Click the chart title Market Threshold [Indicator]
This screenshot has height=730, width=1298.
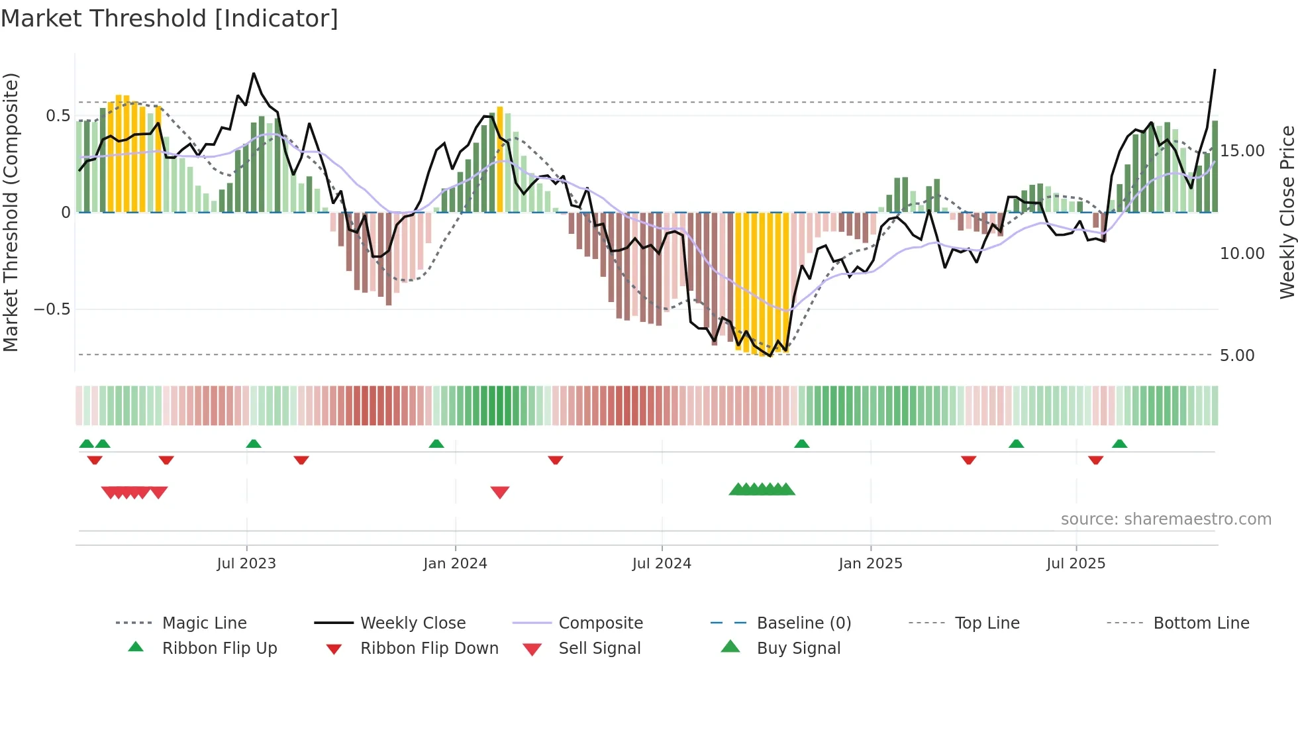point(170,19)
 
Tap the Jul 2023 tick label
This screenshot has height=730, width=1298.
point(246,564)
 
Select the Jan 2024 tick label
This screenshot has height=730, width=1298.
point(455,564)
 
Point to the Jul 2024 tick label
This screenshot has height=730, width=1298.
point(662,564)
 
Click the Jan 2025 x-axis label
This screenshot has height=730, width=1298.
point(870,564)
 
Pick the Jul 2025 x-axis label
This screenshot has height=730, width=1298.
point(1076,564)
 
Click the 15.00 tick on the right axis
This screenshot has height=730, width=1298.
point(1242,151)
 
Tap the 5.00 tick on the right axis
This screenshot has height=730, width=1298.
point(1237,356)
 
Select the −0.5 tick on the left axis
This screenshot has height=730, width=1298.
point(52,309)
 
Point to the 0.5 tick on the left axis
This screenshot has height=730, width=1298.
point(58,116)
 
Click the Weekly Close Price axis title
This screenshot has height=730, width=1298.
point(1287,212)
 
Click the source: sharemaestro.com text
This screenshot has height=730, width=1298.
point(1166,519)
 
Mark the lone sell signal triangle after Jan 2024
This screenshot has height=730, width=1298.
point(500,492)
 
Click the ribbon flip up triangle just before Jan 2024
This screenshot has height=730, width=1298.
point(436,444)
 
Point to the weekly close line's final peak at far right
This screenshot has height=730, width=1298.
point(1215,70)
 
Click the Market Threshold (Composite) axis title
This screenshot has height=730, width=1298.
point(11,212)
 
